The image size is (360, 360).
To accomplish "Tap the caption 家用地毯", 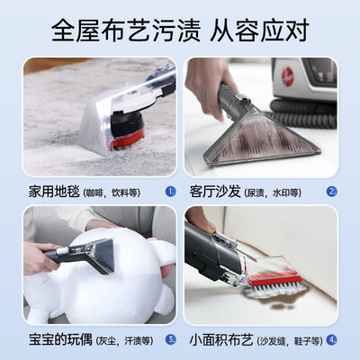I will pyautogui.click(x=52, y=191).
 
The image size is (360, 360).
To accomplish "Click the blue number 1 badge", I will pyautogui.click(x=169, y=191).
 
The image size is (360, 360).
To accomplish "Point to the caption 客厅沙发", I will pyautogui.click(x=216, y=191).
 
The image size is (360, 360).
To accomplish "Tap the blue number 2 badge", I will pyautogui.click(x=332, y=191).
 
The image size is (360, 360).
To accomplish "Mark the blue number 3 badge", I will pyautogui.click(x=169, y=339).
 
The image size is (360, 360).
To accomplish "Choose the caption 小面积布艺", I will pyautogui.click(x=222, y=339).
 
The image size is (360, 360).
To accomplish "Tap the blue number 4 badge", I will pyautogui.click(x=332, y=339).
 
